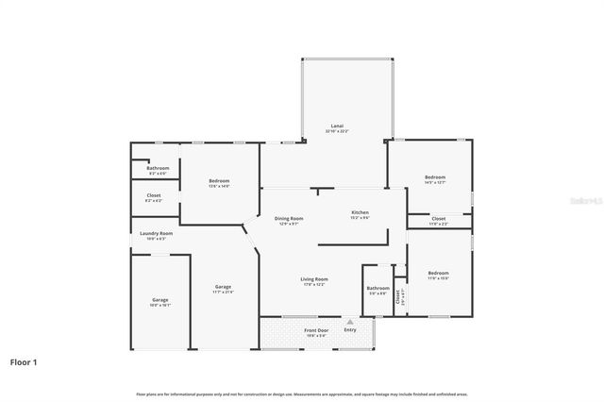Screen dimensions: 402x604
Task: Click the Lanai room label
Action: pyautogui.click(x=337, y=126)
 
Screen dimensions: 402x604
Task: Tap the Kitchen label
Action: pyautogui.click(x=361, y=212)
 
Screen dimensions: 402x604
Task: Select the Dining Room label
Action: pyautogui.click(x=289, y=218)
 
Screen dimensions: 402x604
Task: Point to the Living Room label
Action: pyautogui.click(x=314, y=279)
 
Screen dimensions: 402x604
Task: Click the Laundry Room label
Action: pyautogui.click(x=156, y=233)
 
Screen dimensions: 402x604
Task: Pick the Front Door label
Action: pyautogui.click(x=316, y=330)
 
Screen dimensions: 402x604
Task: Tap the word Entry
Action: pyautogui.click(x=350, y=330)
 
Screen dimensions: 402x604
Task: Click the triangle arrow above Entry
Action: pyautogui.click(x=350, y=322)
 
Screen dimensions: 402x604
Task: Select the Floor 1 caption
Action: pyautogui.click(x=24, y=361)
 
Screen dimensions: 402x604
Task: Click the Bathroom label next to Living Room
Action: pyautogui.click(x=377, y=288)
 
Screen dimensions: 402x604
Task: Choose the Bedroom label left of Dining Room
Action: pyautogui.click(x=219, y=180)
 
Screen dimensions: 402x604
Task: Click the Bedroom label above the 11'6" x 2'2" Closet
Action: pyautogui.click(x=434, y=177)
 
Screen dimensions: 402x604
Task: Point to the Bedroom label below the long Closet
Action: pyautogui.click(x=438, y=273)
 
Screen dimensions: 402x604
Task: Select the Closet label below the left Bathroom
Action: pyautogui.click(x=153, y=195)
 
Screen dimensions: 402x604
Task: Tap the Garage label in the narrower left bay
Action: pyautogui.click(x=159, y=300)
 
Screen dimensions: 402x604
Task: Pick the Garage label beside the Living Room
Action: pyautogui.click(x=223, y=287)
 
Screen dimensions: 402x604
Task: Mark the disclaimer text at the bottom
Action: pyautogui.click(x=302, y=394)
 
